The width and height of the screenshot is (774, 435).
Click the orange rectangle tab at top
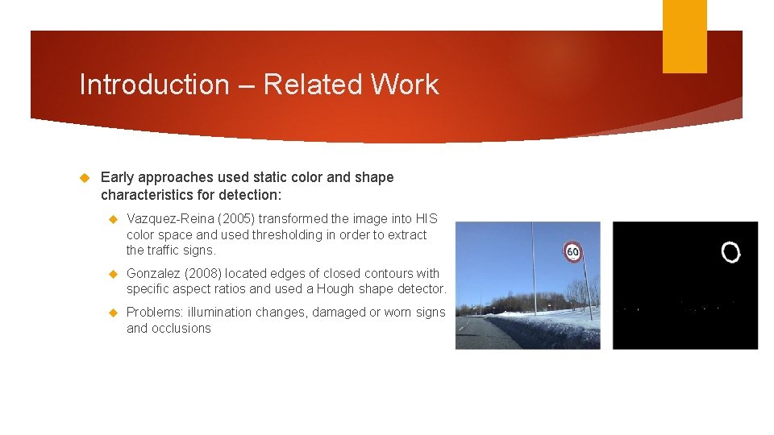click(x=684, y=36)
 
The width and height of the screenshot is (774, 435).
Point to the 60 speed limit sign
click(x=572, y=251)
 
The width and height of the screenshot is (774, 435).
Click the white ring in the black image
click(x=730, y=253)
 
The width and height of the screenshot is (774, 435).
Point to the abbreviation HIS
click(x=427, y=219)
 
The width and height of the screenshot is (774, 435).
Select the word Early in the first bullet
click(x=117, y=177)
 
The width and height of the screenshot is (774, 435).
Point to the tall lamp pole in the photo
click(x=532, y=266)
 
